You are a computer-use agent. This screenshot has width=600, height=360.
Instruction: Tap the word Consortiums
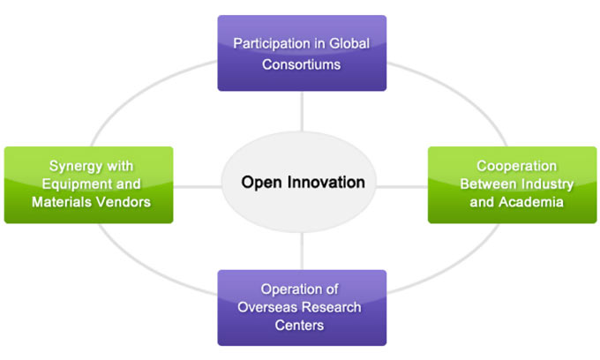(x=302, y=64)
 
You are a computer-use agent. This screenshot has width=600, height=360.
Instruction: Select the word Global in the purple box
(x=349, y=43)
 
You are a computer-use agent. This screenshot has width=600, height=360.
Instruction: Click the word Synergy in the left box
(x=74, y=164)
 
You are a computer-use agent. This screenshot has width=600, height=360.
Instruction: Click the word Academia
(x=530, y=202)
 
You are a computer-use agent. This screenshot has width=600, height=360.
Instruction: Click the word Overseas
(x=268, y=307)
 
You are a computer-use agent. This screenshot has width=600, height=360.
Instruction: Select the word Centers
(x=302, y=326)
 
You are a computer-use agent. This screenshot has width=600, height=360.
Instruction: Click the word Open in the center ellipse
(x=259, y=183)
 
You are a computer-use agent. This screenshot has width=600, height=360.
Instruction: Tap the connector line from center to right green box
(x=404, y=186)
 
